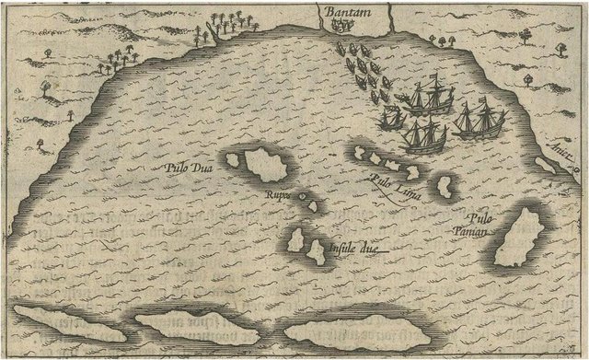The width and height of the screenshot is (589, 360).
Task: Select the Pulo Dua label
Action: [188, 168]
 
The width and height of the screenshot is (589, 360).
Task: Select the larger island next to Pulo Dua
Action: [268, 167]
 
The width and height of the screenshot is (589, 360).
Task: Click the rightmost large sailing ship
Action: [478, 121]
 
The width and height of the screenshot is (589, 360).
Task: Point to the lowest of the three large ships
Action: [424, 135]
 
